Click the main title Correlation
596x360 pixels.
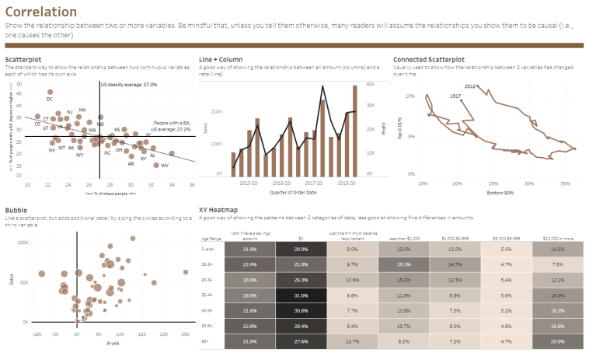40,12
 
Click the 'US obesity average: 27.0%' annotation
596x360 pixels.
128,84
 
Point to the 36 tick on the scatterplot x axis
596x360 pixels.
192,185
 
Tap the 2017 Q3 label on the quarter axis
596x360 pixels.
315,183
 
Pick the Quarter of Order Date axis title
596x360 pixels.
293,192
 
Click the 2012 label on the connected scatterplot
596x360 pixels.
470,86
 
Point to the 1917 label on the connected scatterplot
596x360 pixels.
457,95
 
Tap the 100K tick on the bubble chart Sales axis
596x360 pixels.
23,243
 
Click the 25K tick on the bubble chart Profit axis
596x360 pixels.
185,334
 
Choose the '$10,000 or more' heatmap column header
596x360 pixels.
558,239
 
